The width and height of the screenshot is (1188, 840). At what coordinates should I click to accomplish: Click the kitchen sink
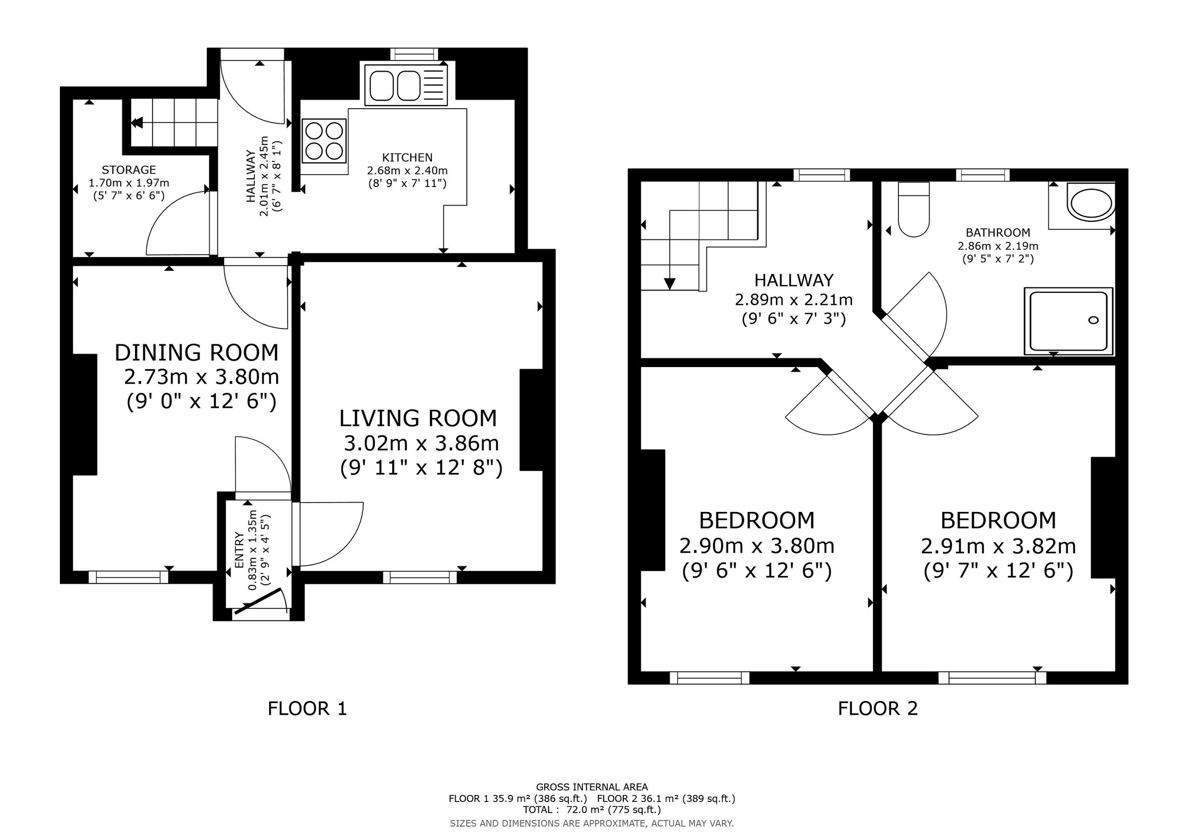tap(406, 85)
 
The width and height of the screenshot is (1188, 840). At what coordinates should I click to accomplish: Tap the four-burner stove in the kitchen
tap(324, 140)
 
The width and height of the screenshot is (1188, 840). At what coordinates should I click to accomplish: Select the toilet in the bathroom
tap(914, 209)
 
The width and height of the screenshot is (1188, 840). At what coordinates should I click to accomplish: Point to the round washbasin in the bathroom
tap(1091, 203)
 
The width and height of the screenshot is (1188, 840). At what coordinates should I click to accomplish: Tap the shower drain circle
tap(1093, 320)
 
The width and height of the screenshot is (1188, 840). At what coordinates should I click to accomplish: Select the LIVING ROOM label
tap(418, 418)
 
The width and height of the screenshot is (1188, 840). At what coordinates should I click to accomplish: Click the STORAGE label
tap(129, 170)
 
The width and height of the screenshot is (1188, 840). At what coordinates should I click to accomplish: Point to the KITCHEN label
tap(407, 157)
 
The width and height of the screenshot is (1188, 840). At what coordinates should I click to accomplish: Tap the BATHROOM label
tap(998, 233)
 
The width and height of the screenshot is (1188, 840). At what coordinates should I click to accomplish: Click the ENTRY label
tap(239, 549)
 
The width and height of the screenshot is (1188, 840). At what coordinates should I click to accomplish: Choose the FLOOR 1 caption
tap(307, 709)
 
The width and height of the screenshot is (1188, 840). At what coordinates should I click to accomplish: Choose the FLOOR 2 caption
tap(878, 709)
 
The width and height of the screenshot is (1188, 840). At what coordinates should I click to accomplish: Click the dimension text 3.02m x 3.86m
tap(421, 443)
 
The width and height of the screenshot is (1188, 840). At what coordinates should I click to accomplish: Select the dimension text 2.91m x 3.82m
tap(998, 546)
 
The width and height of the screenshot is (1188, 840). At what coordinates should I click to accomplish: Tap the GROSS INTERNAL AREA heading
tap(592, 787)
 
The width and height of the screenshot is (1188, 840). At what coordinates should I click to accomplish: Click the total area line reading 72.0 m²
tap(592, 810)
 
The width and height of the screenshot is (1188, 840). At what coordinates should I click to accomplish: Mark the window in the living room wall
tap(420, 577)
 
